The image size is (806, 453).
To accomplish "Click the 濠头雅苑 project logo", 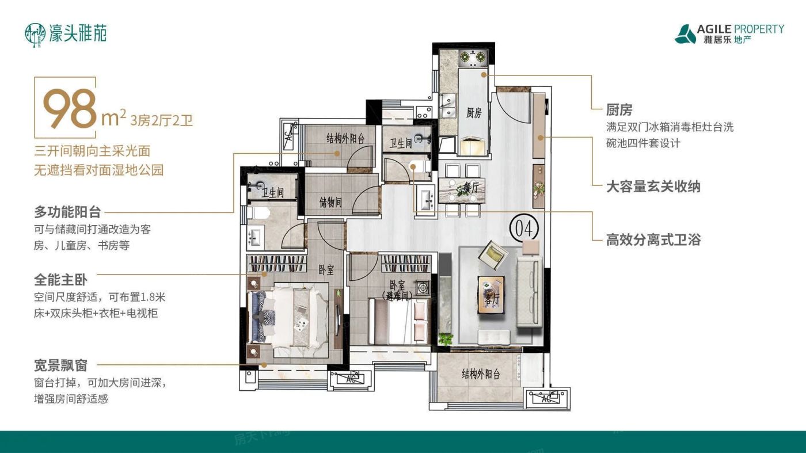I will (66, 33).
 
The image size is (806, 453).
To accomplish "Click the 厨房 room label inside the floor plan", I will (473, 113).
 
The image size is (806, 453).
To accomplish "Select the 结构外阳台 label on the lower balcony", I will (481, 375).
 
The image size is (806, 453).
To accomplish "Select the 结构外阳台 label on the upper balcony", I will (345, 138).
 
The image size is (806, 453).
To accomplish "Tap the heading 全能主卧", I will (60, 280).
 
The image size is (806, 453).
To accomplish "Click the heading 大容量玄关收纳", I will (653, 186).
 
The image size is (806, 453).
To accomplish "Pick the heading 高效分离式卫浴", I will (653, 239).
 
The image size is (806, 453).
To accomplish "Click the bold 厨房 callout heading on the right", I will (619, 109).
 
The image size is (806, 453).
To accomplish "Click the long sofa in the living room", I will (529, 292).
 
